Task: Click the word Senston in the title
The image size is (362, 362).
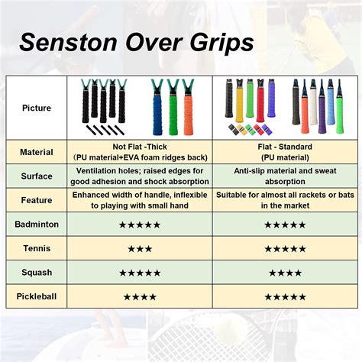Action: pyautogui.click(x=65, y=41)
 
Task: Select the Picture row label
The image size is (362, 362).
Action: pyautogui.click(x=37, y=107)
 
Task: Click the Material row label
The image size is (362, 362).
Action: pyautogui.click(x=37, y=151)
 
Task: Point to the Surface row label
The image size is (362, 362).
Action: pyautogui.click(x=37, y=176)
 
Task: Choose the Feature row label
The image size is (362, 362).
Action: pyautogui.click(x=37, y=200)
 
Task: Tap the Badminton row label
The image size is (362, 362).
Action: pyautogui.click(x=37, y=225)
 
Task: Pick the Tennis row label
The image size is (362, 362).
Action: pyautogui.click(x=37, y=248)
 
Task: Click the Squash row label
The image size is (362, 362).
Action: pyautogui.click(x=37, y=272)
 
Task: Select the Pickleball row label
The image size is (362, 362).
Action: pyautogui.click(x=37, y=296)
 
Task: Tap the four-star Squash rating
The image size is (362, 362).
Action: pyautogui.click(x=285, y=272)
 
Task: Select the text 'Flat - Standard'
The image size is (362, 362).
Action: pyautogui.click(x=285, y=147)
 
